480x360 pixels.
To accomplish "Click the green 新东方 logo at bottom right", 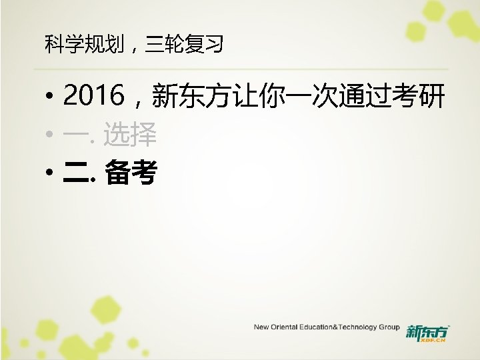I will pos(427,331).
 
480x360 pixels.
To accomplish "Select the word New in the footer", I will pos(261,327).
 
